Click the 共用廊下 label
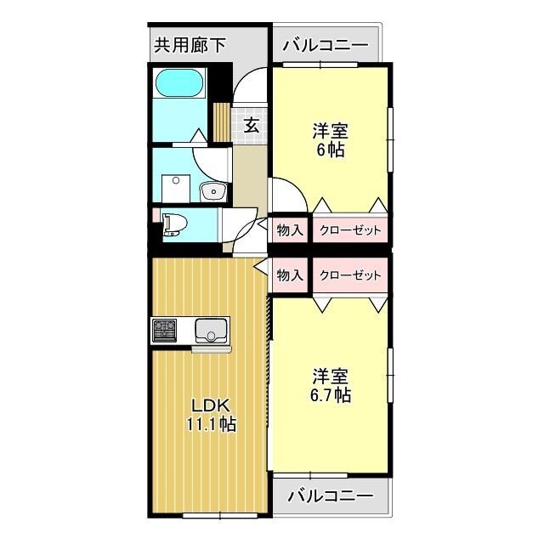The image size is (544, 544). tap(190, 44)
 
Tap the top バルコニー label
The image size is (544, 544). tap(326, 44)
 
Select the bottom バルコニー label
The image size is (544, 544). tap(331, 495)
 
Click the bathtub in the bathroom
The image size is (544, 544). tap(178, 84)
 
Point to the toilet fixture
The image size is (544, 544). tap(174, 224)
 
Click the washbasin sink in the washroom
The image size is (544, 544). tap(211, 192)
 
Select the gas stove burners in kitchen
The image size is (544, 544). tap(165, 329)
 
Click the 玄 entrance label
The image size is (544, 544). tap(252, 125)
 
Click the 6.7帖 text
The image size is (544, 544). tap(331, 395)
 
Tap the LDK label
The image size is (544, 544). tap(211, 405)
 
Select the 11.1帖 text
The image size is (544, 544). tap(211, 425)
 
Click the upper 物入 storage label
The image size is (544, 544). tap(290, 230)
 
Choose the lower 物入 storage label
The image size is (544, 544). tap(290, 275)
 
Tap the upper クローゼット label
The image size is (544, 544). tap(350, 230)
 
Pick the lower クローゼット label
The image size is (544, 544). tap(350, 275)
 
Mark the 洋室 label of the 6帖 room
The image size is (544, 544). tap(331, 132)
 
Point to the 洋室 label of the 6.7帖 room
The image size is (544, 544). tap(331, 376)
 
